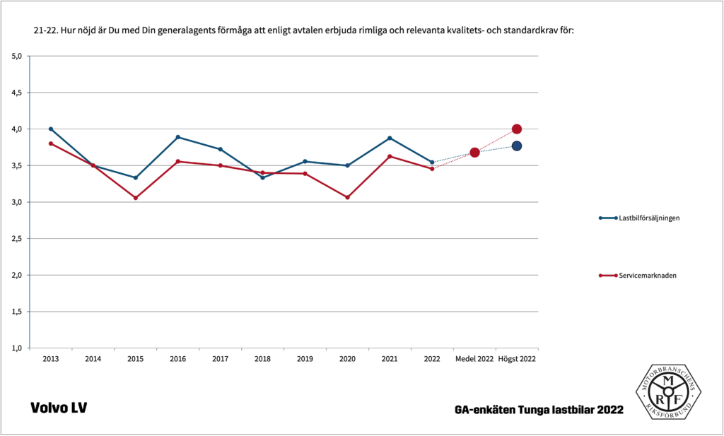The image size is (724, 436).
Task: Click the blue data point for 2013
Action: click(x=51, y=129)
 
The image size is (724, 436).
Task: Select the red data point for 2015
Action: click(x=136, y=198)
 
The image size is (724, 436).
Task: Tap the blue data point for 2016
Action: click(x=178, y=137)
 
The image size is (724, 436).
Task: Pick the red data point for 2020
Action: click(x=347, y=197)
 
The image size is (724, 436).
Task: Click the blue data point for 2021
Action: click(x=390, y=138)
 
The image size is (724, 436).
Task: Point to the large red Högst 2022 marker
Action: click(x=517, y=129)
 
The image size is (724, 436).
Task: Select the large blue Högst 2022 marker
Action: click(x=517, y=146)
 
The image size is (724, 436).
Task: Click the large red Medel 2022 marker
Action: click(x=474, y=153)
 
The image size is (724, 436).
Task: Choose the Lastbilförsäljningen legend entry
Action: click(x=648, y=218)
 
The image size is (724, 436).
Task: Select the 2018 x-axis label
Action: click(x=262, y=359)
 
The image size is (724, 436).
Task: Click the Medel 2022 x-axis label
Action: click(x=474, y=359)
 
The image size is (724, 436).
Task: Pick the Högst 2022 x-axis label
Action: click(x=517, y=359)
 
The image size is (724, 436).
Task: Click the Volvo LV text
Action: click(x=59, y=408)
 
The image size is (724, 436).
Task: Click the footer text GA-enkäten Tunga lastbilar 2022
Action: click(x=539, y=410)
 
